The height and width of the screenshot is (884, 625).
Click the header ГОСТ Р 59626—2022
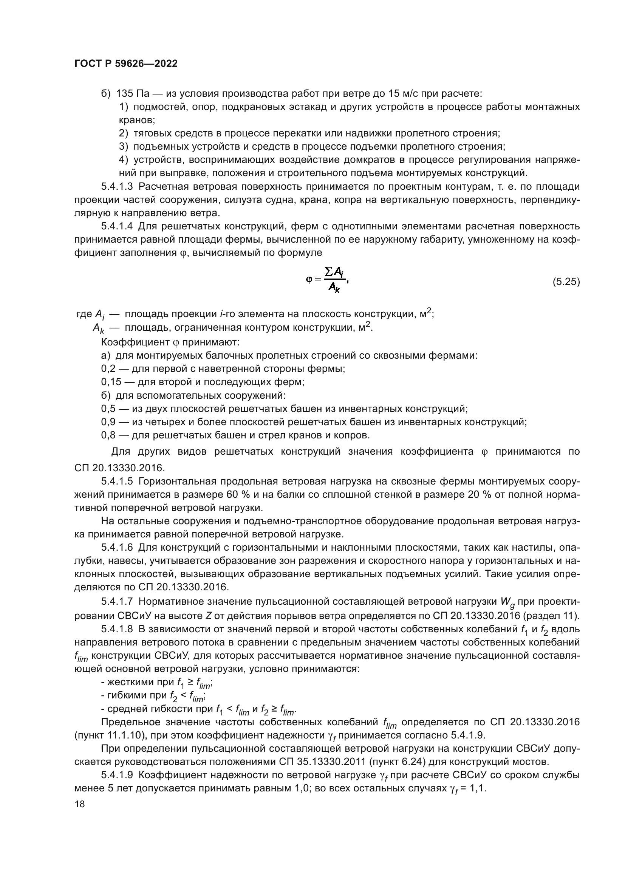pos(126,64)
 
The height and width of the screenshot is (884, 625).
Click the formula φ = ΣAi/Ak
pos(327,280)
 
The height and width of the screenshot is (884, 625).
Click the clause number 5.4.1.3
pos(117,187)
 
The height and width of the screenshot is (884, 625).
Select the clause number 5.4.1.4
pos(117,226)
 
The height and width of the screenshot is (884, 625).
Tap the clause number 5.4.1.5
pos(117,481)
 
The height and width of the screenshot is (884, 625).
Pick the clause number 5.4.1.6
pos(117,548)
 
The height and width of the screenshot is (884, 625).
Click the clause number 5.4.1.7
pos(117,601)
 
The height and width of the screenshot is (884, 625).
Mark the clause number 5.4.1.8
pos(117,629)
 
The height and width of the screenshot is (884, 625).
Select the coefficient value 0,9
pos(108,422)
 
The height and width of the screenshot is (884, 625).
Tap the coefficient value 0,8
pos(108,435)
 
